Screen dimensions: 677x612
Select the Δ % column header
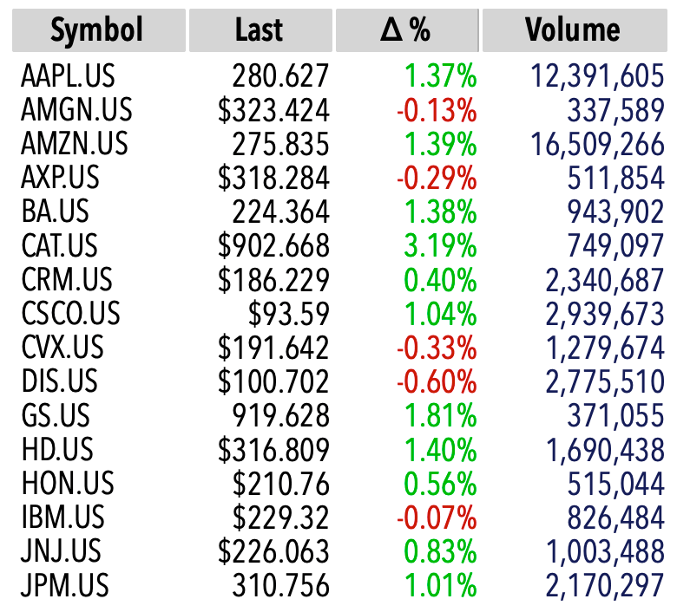(407, 30)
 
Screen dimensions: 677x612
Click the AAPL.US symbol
(68, 75)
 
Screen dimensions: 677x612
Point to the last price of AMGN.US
(273, 109)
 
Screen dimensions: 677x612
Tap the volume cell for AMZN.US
(597, 144)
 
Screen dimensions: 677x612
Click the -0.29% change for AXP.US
(437, 178)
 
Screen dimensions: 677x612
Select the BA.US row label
(56, 212)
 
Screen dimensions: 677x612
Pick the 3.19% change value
(440, 245)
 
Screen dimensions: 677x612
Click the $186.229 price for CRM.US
(273, 279)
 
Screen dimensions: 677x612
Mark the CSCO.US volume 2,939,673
(605, 314)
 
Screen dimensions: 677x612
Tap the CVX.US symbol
(62, 348)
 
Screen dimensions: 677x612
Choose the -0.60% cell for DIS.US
(437, 381)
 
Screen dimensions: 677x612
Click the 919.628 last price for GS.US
(281, 415)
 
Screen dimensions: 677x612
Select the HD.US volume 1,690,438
(605, 450)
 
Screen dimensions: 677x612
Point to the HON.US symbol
(68, 483)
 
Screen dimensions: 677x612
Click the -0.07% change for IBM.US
(437, 518)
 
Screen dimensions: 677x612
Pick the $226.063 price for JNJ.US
(273, 551)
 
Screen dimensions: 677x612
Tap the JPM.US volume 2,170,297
(605, 586)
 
